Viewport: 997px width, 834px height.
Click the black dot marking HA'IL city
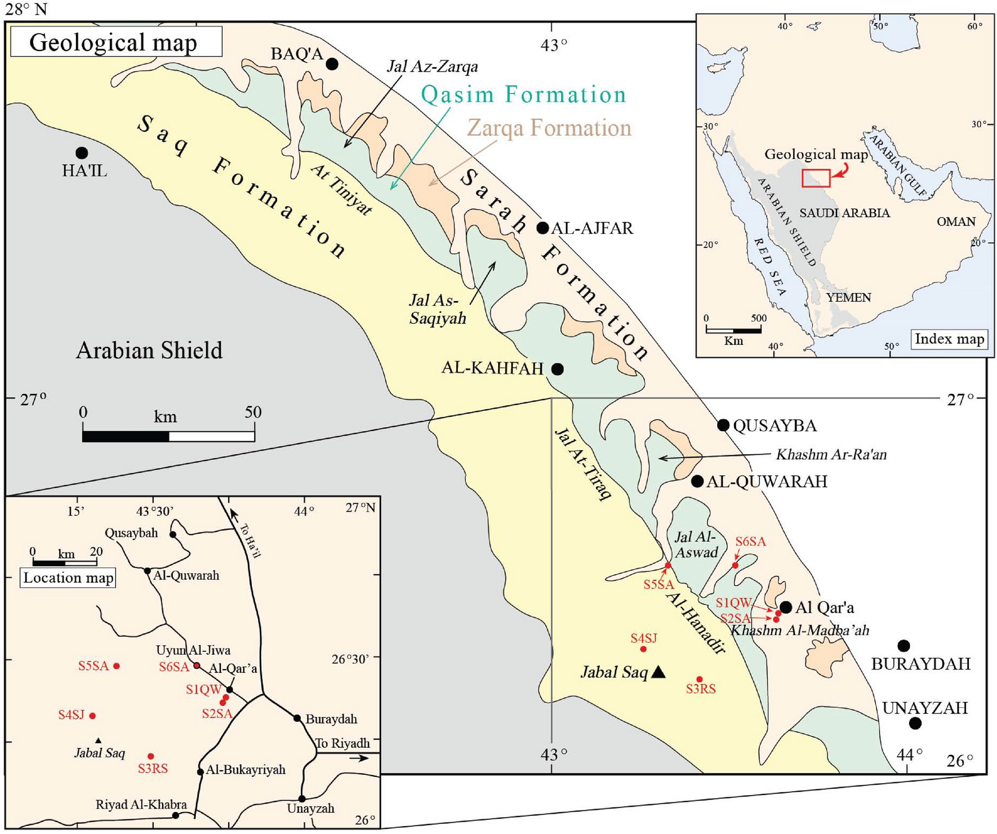[82, 153]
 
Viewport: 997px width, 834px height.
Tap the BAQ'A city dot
[332, 64]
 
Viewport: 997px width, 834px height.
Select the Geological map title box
[115, 42]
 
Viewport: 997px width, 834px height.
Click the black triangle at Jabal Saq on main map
[658, 672]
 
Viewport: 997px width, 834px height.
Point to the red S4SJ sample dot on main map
[643, 649]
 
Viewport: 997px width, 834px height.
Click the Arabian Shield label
[149, 351]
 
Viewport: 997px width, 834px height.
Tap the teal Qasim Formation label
[523, 94]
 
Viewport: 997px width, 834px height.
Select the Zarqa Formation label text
[549, 128]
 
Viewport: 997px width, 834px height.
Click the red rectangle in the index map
[816, 178]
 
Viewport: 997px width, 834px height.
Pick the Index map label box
[949, 339]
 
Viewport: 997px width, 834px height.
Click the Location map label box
[68, 578]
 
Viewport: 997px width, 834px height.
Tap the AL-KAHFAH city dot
[558, 369]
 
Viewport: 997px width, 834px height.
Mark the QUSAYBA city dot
[723, 425]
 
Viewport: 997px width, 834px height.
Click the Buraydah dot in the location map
[297, 718]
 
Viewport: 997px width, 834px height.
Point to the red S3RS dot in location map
[150, 756]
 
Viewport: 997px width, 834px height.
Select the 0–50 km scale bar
[168, 436]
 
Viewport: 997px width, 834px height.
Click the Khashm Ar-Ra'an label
[831, 455]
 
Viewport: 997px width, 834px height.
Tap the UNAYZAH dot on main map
[915, 723]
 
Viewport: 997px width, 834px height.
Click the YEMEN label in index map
[848, 298]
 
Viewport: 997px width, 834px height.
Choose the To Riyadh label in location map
[342, 743]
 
